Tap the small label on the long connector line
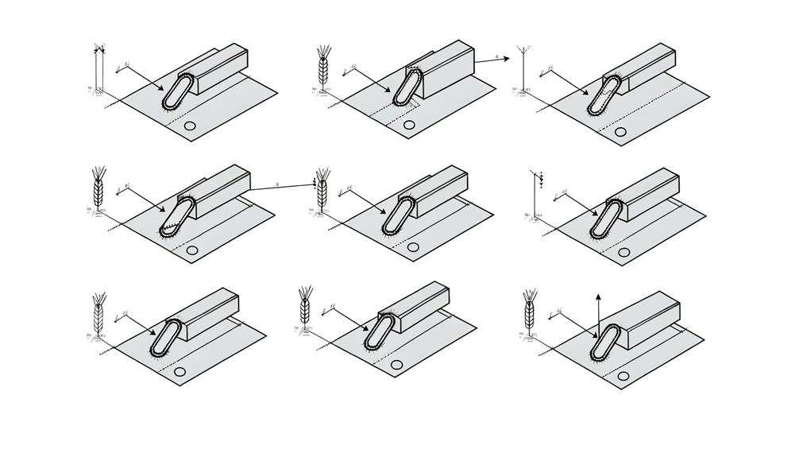[x=277, y=184]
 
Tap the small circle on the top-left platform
[x=190, y=126]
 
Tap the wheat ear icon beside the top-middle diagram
[x=322, y=70]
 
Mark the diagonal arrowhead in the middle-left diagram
[x=164, y=211]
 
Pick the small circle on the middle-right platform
[x=623, y=252]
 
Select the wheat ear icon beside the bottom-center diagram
[x=304, y=308]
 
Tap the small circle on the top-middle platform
[x=409, y=125]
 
